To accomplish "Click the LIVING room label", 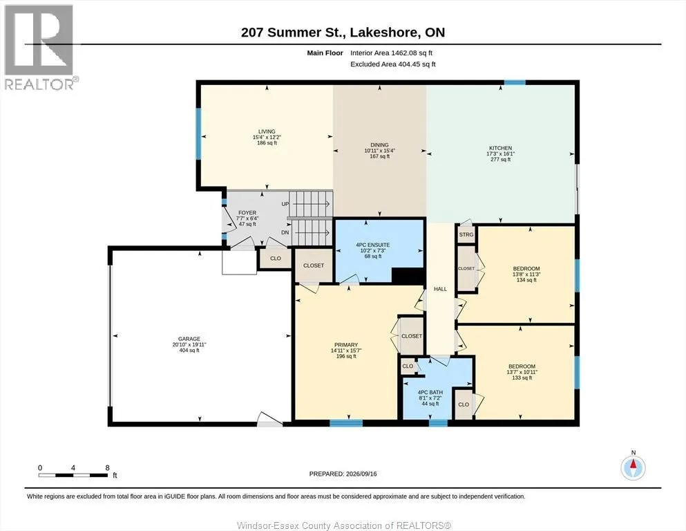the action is tap(267, 131).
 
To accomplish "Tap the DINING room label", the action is tap(379, 145).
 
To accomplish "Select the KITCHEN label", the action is tap(500, 148).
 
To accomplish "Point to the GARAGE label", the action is tap(189, 339).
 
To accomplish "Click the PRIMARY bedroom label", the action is tap(346, 345).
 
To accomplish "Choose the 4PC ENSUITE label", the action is tap(373, 245).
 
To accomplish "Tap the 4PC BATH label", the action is tap(430, 393).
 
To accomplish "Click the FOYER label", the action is tap(247, 213).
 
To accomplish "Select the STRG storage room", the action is tap(466, 234).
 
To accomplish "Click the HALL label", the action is tap(440, 289).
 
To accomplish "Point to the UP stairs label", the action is tap(285, 205).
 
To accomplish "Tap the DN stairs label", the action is tap(285, 232).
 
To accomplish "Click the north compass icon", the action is tap(633, 467).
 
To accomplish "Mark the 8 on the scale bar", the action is tap(107, 468).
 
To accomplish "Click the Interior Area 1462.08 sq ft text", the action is tap(391, 53).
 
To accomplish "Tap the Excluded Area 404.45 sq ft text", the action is tap(393, 64).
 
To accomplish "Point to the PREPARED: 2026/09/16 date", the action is tap(343, 474).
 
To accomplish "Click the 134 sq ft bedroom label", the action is tap(526, 280).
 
